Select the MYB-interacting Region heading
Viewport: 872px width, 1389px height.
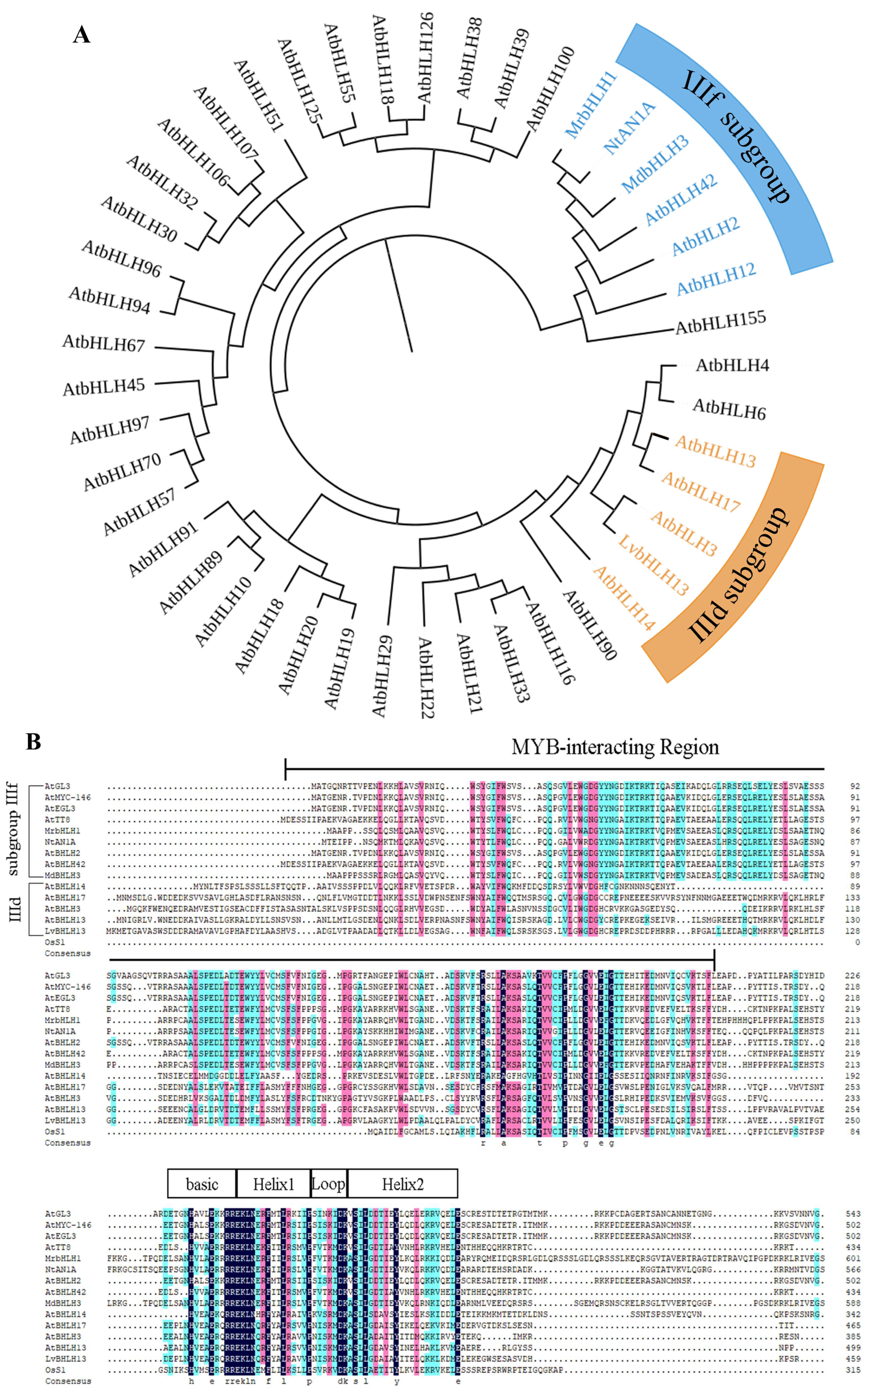[615, 748]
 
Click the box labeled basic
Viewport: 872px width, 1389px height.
[202, 1184]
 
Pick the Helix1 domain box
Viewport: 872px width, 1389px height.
[273, 1184]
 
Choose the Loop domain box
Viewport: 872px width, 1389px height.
[329, 1184]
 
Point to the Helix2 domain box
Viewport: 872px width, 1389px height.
[402, 1184]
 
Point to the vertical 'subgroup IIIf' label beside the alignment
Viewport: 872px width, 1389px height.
[13, 829]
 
